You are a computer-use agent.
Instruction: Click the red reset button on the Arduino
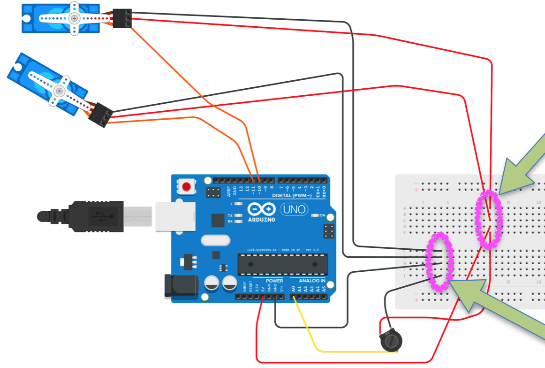(187, 187)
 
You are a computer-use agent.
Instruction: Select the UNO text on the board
(294, 209)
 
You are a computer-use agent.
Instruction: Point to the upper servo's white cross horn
(74, 18)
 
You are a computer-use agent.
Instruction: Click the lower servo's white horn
(60, 91)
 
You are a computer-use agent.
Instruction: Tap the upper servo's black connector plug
(122, 18)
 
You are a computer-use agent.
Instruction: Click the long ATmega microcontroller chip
(282, 264)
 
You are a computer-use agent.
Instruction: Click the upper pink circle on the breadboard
(489, 220)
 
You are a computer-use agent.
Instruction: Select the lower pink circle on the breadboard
(439, 261)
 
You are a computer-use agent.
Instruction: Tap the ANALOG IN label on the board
(312, 281)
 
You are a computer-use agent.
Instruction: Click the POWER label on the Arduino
(275, 281)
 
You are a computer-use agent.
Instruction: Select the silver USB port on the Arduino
(174, 216)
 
